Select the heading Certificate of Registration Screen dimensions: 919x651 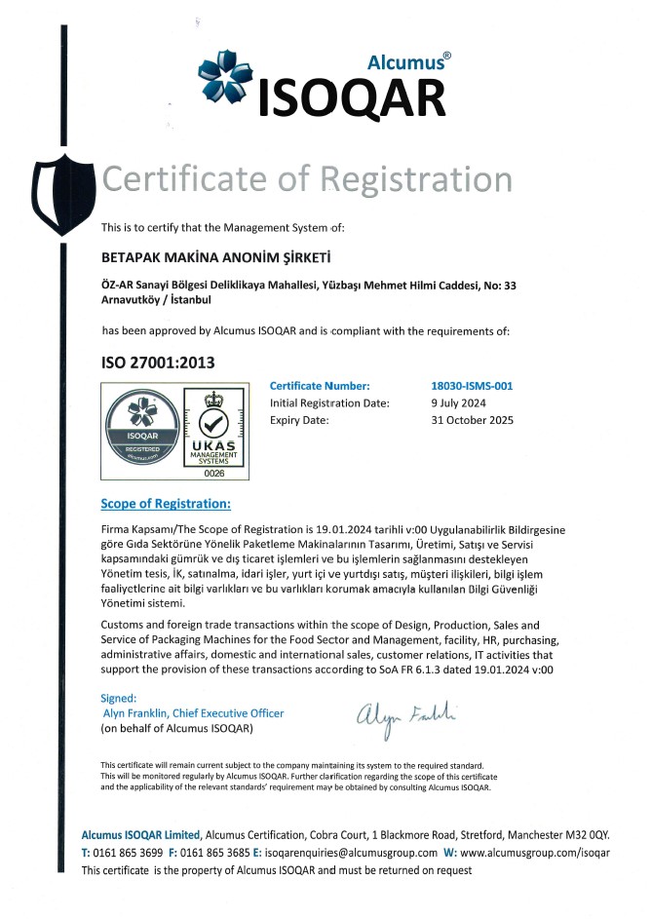(307, 179)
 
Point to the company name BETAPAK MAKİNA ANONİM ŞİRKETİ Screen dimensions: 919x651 (217, 258)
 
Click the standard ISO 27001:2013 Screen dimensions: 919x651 (158, 363)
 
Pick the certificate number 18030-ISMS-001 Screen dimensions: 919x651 (472, 386)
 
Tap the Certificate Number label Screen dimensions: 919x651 (320, 386)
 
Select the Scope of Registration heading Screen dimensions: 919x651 (166, 504)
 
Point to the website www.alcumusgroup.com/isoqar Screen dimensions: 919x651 (535, 852)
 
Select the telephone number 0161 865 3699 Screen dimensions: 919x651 (130, 852)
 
